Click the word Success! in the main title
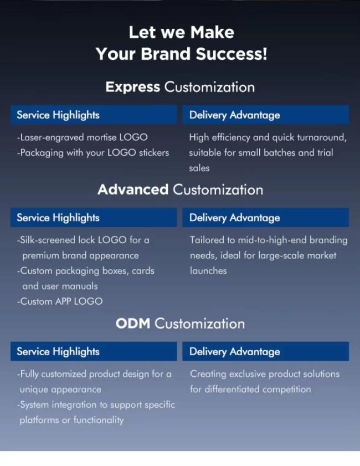[x=232, y=54]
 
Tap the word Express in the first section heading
[x=133, y=88]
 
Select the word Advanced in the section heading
[x=133, y=190]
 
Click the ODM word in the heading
[x=133, y=324]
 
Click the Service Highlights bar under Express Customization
[x=94, y=115]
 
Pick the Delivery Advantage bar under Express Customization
[x=265, y=115]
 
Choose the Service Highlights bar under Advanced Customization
[x=94, y=218]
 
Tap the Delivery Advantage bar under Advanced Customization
[x=265, y=218]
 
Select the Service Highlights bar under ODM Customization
[x=94, y=351]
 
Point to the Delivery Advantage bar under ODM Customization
[x=265, y=351]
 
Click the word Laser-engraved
[x=52, y=137]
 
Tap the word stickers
[x=154, y=153]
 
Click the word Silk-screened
[x=48, y=240]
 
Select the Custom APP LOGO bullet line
[x=60, y=301]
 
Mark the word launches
[x=208, y=271]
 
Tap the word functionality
[x=99, y=420]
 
